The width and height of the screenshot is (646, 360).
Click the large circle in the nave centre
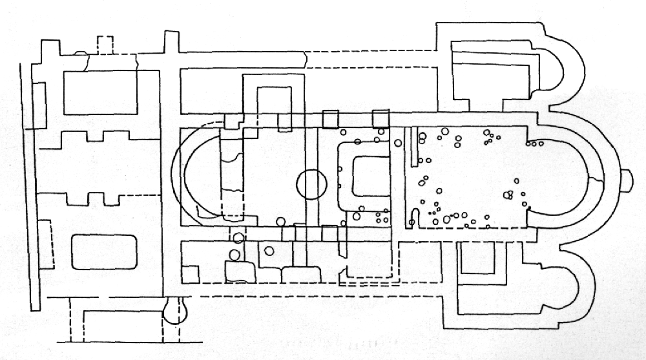point(310,184)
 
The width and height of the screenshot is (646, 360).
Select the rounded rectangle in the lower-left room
point(103,252)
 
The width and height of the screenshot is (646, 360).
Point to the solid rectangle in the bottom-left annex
point(121,321)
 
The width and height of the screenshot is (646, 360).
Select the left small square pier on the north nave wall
point(330,120)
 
